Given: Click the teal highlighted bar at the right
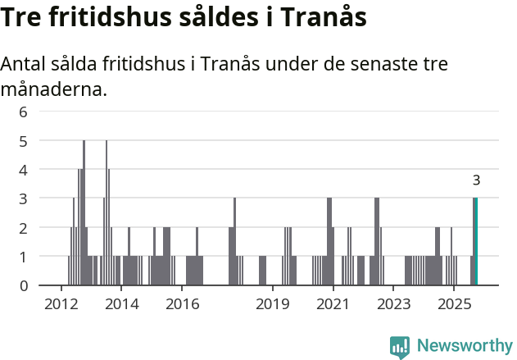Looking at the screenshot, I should (x=475, y=242).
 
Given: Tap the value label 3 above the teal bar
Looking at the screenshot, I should (x=476, y=180).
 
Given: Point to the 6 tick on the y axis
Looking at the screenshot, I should (x=23, y=112).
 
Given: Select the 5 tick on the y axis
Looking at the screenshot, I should (x=23, y=141).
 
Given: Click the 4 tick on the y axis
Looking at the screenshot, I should (x=23, y=170).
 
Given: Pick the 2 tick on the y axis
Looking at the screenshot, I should (x=23, y=228).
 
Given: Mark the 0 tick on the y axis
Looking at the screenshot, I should (x=23, y=285).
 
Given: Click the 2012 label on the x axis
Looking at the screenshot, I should (x=61, y=304).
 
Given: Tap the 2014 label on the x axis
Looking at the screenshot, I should (x=121, y=304).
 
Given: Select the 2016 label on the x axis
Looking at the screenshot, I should (x=182, y=304).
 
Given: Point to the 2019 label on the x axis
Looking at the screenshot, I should (x=273, y=304).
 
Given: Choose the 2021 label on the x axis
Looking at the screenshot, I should (x=333, y=304).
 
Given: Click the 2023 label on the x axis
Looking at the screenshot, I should (x=393, y=304).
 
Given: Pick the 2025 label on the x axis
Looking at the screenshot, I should (x=453, y=304).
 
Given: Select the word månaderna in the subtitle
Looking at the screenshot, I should (x=54, y=89).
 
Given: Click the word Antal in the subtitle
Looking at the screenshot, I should (x=24, y=65).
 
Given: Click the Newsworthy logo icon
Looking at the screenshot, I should (x=400, y=347).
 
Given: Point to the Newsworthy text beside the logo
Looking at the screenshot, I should (x=465, y=346).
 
